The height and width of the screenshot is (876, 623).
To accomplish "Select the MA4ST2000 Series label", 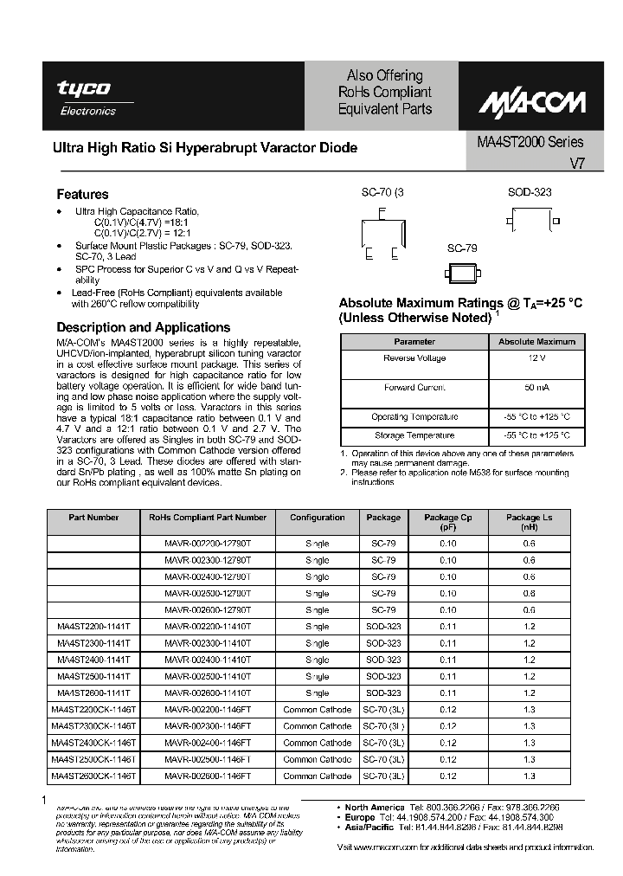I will [x=530, y=142].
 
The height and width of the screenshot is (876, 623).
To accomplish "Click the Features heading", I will [x=82, y=195].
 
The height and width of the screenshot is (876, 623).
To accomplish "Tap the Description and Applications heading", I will [x=143, y=327].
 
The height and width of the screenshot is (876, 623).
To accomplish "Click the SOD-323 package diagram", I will [x=530, y=224].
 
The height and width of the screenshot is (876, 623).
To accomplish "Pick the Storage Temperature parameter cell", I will [x=414, y=435].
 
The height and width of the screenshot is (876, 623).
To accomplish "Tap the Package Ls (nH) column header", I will [x=529, y=522].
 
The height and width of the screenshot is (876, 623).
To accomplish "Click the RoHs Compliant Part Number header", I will [x=208, y=518].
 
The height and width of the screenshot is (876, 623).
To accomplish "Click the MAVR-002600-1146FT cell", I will [x=208, y=776].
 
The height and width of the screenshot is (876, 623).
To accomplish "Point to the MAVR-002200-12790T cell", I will [x=208, y=544].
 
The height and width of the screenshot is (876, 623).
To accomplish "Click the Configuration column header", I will [x=318, y=518].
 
